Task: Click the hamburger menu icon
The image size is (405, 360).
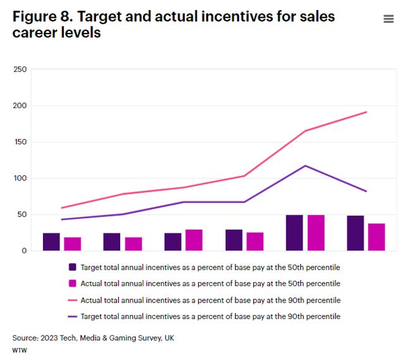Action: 389,19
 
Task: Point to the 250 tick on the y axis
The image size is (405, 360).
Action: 20,69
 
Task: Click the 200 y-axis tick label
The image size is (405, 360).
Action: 20,106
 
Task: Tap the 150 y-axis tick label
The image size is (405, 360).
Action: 20,142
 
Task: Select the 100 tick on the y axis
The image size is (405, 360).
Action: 20,178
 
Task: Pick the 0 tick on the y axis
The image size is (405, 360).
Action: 24,251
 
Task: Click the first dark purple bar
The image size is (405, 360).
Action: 51,242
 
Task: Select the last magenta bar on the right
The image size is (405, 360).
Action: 377,237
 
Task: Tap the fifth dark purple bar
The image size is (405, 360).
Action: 294,233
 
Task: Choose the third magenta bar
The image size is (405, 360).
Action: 194,240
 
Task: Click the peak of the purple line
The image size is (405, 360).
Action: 305,166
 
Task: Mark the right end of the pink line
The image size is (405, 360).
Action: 367,112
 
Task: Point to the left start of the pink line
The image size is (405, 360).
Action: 61,208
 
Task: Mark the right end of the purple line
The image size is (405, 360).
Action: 367,191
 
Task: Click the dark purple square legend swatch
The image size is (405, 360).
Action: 72,267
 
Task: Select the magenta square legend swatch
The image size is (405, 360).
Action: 72,283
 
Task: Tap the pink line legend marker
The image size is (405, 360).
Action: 72,300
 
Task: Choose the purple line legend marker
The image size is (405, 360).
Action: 72,316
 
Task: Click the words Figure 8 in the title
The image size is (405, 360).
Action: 39,16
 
